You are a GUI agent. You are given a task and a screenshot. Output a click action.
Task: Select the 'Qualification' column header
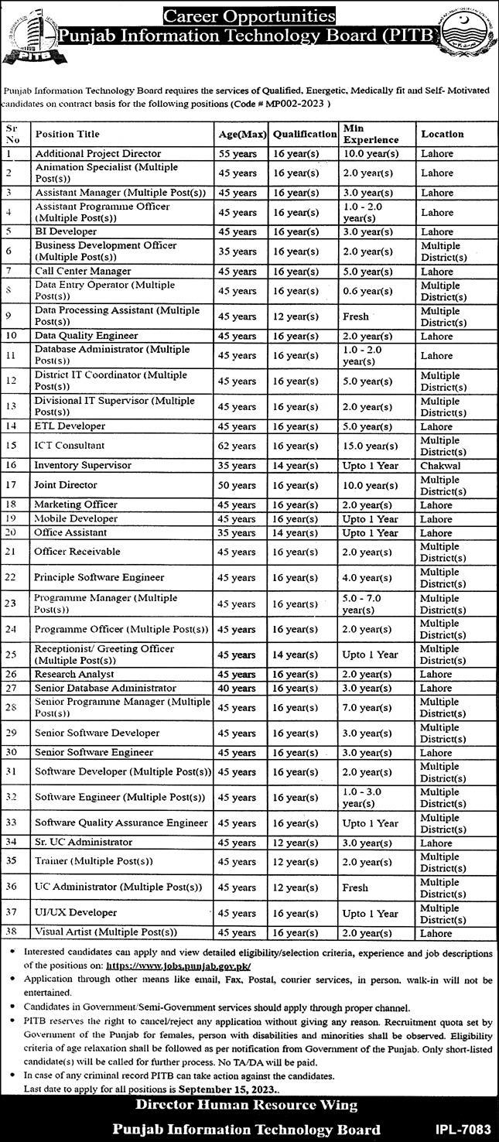point(304,135)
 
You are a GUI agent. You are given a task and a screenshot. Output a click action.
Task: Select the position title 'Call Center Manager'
point(83,272)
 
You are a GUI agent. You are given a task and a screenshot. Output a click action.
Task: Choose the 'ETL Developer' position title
point(70,426)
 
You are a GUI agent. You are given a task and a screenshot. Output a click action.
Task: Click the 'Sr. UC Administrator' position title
point(83,843)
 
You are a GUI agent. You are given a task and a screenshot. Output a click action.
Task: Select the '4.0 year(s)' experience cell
point(370,578)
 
